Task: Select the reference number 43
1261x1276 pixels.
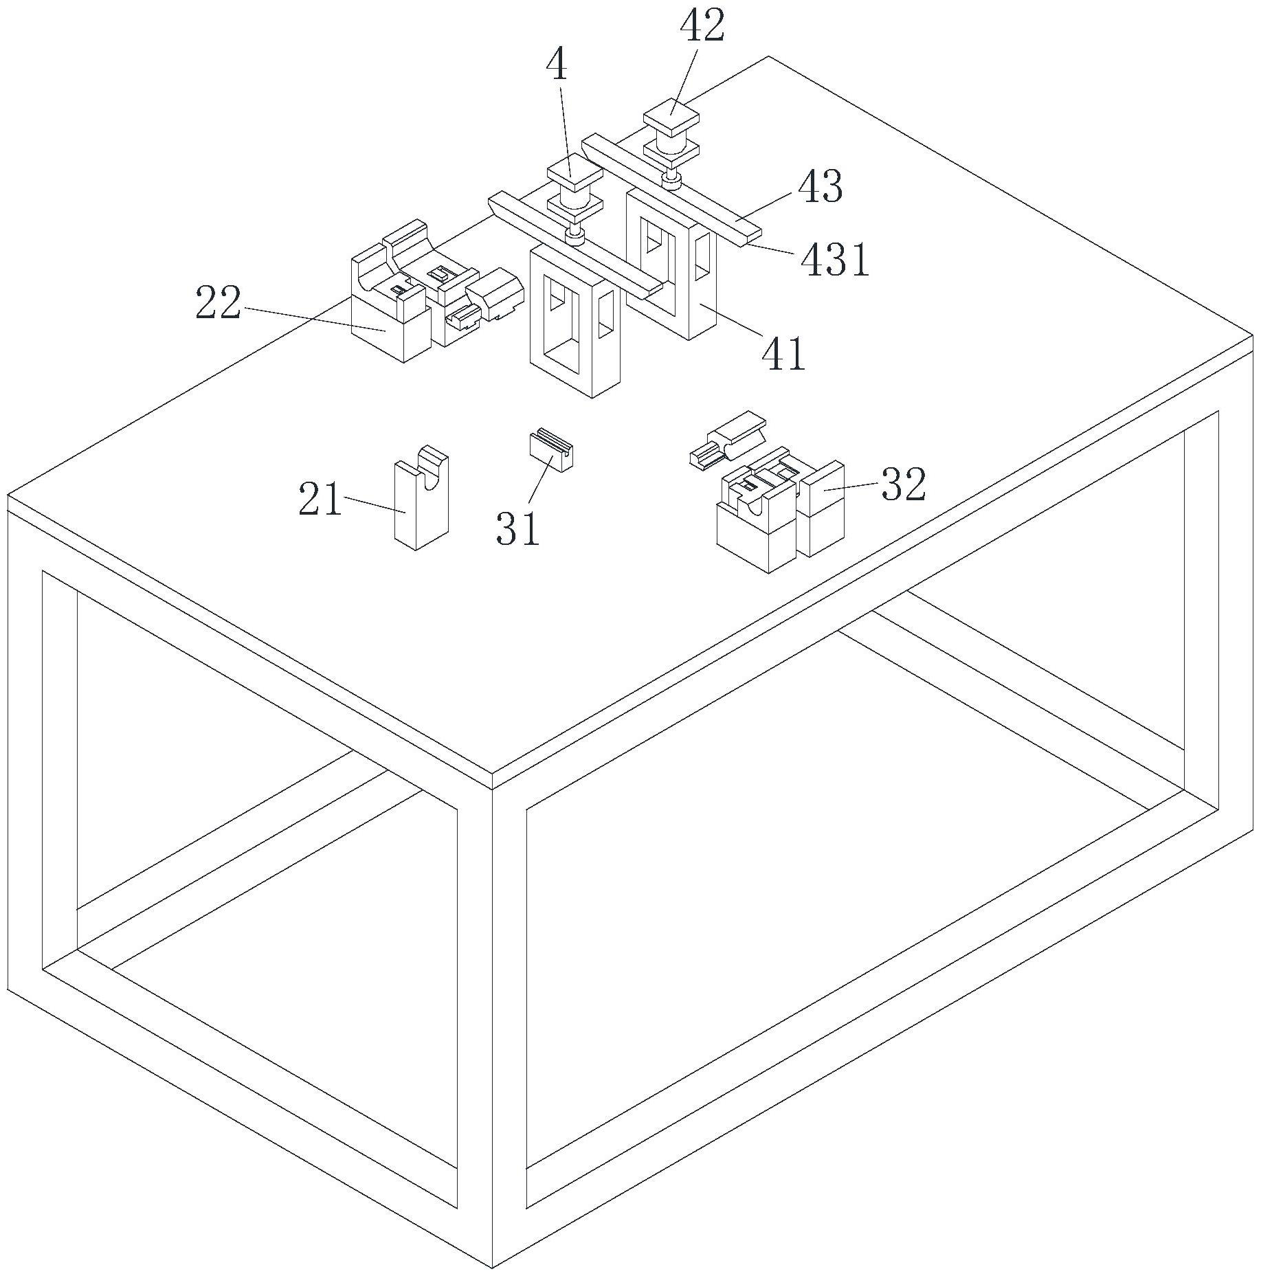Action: point(820,187)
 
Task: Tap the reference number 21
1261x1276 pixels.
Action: point(320,499)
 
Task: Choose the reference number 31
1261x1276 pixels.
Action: point(517,528)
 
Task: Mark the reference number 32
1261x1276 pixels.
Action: point(904,484)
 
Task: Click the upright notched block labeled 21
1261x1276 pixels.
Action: point(421,497)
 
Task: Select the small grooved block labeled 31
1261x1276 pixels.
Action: point(552,449)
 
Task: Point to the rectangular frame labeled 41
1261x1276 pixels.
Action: point(671,265)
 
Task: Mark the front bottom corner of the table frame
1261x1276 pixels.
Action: point(492,1268)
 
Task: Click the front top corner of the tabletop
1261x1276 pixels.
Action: point(492,774)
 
